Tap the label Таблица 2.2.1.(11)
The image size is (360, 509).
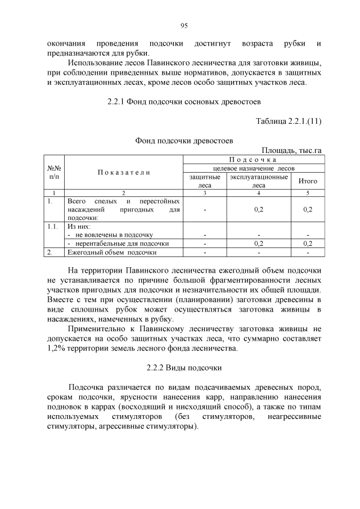(x=288, y=121)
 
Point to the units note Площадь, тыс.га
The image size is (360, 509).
(x=291, y=150)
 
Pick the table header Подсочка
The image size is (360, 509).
(x=253, y=160)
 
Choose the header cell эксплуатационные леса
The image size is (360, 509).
(x=258, y=181)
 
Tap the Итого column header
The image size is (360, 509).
(x=307, y=181)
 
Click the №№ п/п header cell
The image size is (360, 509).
(x=54, y=172)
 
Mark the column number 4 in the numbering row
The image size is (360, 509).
(x=258, y=193)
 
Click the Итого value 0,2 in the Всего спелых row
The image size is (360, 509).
(x=307, y=209)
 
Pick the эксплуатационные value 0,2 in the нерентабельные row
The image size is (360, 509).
(x=258, y=244)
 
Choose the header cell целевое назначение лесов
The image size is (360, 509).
(x=253, y=168)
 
